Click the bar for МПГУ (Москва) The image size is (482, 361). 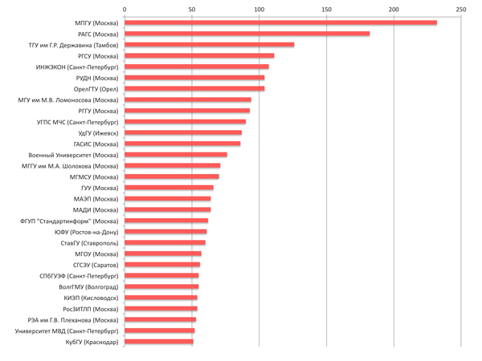(x=280, y=22)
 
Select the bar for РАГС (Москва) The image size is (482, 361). (x=247, y=34)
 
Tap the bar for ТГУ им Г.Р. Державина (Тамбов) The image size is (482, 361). (x=209, y=45)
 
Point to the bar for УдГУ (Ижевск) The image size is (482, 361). (x=183, y=132)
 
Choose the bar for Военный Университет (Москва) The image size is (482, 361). (x=176, y=155)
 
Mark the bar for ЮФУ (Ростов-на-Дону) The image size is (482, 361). (x=165, y=232)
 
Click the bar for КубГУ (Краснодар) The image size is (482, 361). (x=159, y=342)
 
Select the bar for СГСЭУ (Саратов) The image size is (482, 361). (x=162, y=265)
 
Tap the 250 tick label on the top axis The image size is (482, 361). (x=460, y=9)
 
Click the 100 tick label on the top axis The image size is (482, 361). (x=259, y=9)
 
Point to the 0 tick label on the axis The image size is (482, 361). (x=125, y=9)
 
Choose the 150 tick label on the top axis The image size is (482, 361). (x=326, y=9)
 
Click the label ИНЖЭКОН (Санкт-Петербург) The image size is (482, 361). (x=77, y=67)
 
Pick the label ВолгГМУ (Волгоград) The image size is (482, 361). (x=89, y=286)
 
